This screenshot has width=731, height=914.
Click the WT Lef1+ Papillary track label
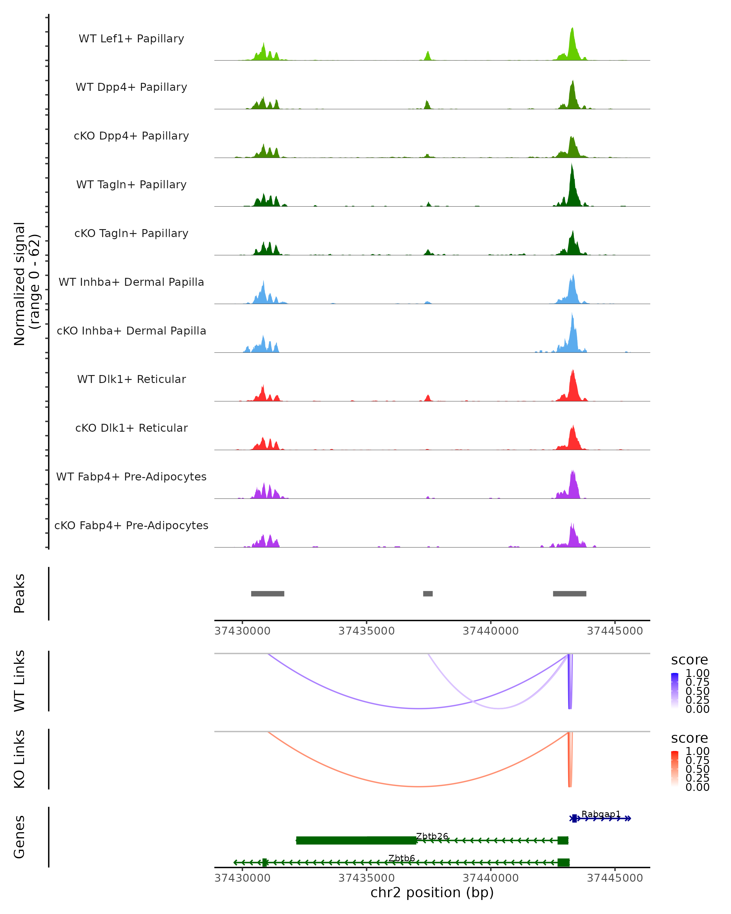[x=131, y=39]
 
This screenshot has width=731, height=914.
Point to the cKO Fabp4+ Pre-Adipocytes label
[x=131, y=525]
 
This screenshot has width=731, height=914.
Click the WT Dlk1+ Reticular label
[x=131, y=379]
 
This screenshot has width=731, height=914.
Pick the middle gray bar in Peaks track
[x=428, y=593]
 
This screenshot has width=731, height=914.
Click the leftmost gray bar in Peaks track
[x=267, y=593]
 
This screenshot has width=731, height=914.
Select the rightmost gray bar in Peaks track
[x=570, y=593]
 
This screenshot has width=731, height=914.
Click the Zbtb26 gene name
[x=432, y=836]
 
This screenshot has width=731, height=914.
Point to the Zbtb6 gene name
[x=401, y=858]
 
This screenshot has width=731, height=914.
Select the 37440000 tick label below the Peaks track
[x=490, y=631]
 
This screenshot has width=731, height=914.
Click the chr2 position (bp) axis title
[x=432, y=892]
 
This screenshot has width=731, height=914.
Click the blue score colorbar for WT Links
[x=675, y=691]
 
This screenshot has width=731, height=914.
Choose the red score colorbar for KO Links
[x=675, y=769]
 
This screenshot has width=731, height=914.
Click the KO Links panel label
[x=19, y=759]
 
